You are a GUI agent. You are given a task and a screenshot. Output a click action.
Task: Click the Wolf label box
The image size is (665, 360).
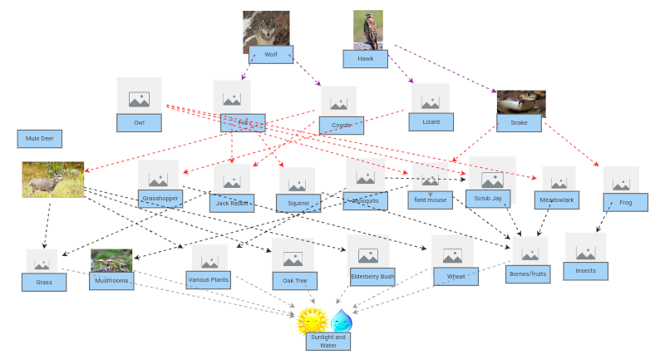click(271, 55)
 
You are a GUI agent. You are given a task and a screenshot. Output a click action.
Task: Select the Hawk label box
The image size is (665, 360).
click(366, 59)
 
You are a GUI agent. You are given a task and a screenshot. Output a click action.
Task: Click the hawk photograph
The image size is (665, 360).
click(367, 28)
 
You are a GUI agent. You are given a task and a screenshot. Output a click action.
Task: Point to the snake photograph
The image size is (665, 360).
click(521, 103)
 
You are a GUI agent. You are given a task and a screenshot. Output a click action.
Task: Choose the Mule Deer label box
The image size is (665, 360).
click(39, 138)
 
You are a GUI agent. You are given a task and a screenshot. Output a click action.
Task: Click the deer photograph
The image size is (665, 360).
click(52, 180)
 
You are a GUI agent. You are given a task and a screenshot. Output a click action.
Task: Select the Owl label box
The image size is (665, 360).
click(139, 123)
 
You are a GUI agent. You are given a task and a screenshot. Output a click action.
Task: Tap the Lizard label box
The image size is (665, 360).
click(431, 122)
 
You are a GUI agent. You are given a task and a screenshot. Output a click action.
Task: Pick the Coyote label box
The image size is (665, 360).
click(342, 126)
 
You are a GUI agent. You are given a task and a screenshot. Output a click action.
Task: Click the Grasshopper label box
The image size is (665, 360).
click(160, 199)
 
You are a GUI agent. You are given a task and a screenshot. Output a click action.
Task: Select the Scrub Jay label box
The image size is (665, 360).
click(488, 199)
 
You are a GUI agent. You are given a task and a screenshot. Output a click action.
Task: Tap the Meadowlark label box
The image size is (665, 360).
click(557, 200)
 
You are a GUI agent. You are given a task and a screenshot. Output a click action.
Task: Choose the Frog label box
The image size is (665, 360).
click(625, 202)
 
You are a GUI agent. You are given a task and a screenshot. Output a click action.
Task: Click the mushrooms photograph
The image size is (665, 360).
click(111, 260)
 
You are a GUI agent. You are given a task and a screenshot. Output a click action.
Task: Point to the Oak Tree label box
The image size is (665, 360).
click(294, 281)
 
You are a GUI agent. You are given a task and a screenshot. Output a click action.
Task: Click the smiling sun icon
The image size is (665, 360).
click(313, 320)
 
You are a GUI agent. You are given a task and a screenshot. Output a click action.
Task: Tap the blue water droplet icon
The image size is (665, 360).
click(342, 320)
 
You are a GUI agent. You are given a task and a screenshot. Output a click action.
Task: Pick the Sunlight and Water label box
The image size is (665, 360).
click(328, 341)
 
